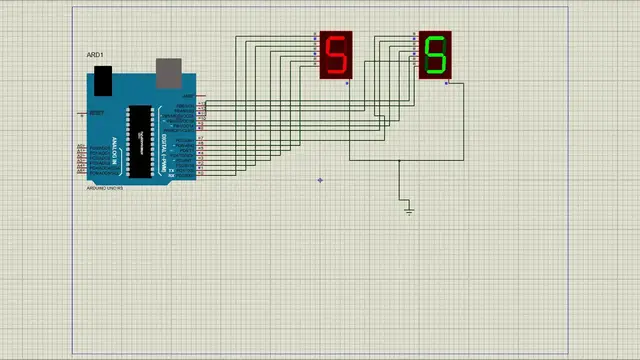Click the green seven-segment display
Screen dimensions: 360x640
pyautogui.click(x=434, y=55)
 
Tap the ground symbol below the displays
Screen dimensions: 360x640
pyautogui.click(x=409, y=209)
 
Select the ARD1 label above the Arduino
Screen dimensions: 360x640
pyautogui.click(x=95, y=54)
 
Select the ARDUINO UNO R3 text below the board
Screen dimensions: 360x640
pyautogui.click(x=104, y=187)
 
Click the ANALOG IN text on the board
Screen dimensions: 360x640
pyautogui.click(x=115, y=149)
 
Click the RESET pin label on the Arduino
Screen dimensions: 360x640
pyautogui.click(x=96, y=113)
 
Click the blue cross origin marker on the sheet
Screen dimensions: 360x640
pyautogui.click(x=320, y=180)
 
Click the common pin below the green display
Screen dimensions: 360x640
pyautogui.click(x=446, y=83)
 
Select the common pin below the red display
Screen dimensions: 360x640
pyautogui.click(x=348, y=83)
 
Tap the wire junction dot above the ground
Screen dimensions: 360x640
pyautogui.click(x=399, y=160)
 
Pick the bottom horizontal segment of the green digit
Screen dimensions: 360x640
pyautogui.click(x=434, y=72)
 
